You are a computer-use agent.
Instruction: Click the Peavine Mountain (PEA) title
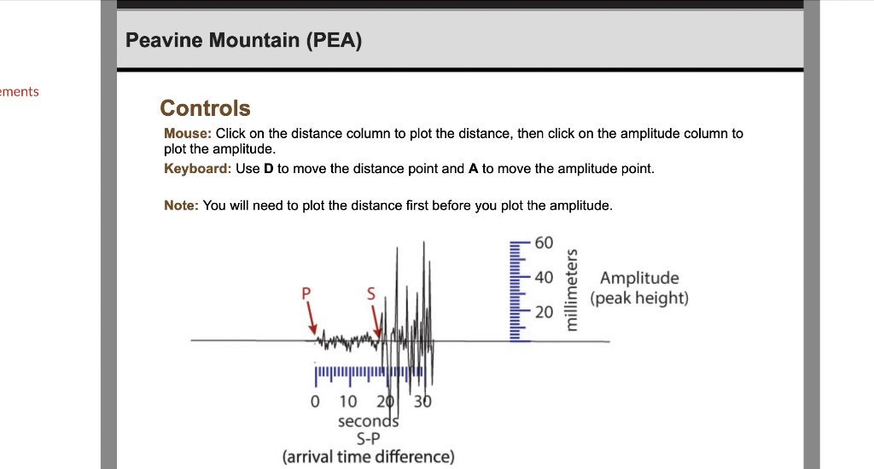243,40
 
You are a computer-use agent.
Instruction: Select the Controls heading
205,108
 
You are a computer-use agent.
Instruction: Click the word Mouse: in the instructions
188,134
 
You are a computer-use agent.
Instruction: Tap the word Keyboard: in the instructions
197,169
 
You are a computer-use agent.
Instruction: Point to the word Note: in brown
181,206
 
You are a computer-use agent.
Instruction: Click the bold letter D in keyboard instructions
269,169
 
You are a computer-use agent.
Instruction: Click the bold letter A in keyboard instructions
473,169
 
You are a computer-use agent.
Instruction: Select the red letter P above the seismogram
306,293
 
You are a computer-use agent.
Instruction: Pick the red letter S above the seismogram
371,293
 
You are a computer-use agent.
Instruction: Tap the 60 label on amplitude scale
544,243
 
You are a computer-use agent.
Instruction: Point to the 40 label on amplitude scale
544,277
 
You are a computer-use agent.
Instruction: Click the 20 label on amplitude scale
544,312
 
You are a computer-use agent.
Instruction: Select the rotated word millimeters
571,290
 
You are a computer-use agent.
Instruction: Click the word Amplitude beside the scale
639,279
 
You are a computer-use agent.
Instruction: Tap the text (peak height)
639,298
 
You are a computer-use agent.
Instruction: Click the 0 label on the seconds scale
315,402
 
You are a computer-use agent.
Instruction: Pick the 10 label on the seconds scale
348,402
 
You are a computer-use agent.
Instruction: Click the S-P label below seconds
369,439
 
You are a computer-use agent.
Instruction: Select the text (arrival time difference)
369,457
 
